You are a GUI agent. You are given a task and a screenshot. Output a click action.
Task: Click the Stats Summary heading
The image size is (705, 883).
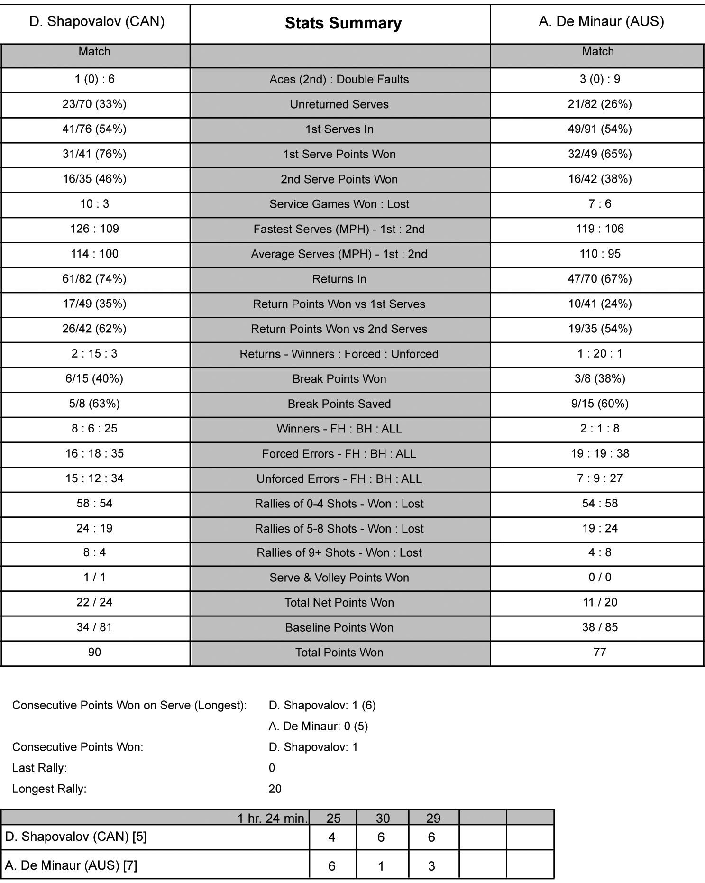pos(343,23)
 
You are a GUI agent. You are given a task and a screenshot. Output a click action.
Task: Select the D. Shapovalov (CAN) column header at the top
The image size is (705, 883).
pos(97,21)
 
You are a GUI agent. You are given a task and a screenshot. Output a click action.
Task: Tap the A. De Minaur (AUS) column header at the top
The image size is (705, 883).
pos(601,21)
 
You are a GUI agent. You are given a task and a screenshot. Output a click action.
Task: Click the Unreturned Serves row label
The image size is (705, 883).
pos(339,104)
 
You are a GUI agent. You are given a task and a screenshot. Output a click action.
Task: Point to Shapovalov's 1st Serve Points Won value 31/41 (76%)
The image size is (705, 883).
pos(94,154)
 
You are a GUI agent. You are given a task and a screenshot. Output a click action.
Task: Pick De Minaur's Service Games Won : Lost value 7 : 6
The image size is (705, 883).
pos(600,204)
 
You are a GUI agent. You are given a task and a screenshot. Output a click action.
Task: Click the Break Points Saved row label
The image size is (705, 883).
pos(339,404)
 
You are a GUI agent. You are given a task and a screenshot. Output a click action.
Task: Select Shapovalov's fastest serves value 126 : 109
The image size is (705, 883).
pos(94,229)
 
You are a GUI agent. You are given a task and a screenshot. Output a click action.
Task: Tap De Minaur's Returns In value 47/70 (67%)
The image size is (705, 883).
pos(600,279)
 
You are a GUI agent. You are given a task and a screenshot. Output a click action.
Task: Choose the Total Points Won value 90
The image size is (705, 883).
pos(94,652)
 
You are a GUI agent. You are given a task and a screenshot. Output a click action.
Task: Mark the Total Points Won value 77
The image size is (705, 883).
pos(600,652)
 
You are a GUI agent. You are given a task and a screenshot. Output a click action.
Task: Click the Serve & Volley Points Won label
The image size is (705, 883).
pos(339,578)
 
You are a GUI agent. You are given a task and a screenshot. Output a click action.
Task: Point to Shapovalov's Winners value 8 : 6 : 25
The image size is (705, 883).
pos(94,429)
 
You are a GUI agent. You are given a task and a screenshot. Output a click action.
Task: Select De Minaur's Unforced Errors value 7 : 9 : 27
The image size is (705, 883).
pos(600,478)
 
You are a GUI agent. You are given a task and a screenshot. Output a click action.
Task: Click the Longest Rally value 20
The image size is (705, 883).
pos(275,789)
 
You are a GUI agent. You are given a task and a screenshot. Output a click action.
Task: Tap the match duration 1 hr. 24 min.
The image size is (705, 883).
pos(273,819)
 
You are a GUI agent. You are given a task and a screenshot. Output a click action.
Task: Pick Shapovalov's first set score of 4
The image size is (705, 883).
pos(332,837)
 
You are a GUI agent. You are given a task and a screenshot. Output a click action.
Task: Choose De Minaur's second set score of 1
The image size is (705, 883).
pos(381,866)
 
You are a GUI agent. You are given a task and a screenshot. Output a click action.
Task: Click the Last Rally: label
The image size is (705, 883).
pos(39,768)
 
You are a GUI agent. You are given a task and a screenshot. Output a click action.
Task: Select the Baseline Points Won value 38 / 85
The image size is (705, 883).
pos(600,627)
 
